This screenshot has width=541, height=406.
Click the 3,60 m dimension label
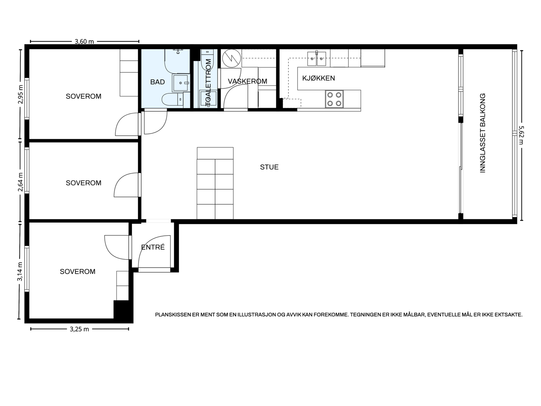tap(84, 41)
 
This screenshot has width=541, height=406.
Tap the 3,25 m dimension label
tap(79, 329)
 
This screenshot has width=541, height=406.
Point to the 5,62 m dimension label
tap(521, 135)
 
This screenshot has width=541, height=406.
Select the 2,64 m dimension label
tap(21, 182)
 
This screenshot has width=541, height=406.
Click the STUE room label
tap(269, 167)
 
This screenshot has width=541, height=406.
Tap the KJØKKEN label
tap(319, 78)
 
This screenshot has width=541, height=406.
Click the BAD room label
tap(158, 82)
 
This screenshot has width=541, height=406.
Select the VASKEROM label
tap(248, 81)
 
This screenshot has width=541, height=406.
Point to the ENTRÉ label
tap(153, 247)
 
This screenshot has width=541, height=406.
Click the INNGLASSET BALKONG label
tap(483, 133)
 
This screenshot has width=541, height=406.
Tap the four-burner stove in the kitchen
tap(334, 99)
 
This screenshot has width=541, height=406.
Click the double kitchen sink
tap(317, 59)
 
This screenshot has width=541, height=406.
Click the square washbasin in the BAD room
tap(181, 83)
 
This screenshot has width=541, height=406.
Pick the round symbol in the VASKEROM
tap(231, 59)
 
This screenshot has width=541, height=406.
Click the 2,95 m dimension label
tap(21, 94)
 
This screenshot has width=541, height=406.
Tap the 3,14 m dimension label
tap(20, 271)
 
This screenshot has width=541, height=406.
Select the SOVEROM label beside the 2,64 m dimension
tap(84, 183)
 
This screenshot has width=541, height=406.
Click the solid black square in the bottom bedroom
tap(121, 309)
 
